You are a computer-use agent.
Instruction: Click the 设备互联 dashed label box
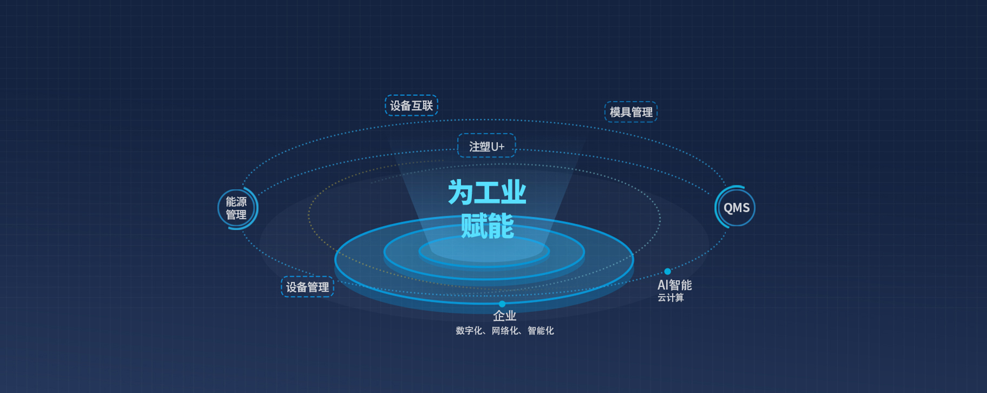tap(411, 105)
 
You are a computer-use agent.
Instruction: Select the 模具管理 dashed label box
tap(631, 112)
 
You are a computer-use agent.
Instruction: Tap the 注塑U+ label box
tap(486, 146)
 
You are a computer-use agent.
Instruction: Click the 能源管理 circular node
tap(236, 208)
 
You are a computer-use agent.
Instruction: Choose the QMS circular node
tap(736, 207)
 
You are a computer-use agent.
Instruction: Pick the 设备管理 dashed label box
tap(307, 287)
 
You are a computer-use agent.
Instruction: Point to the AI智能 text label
tap(674, 284)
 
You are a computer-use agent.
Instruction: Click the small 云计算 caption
tap(670, 298)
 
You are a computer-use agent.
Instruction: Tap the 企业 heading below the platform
tap(504, 315)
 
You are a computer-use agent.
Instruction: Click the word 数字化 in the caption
tap(469, 330)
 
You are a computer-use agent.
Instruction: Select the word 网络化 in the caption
tap(505, 330)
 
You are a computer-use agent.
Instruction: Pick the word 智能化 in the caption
tap(541, 330)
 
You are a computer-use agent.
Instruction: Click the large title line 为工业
tap(487, 192)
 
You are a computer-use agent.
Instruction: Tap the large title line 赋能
tap(487, 226)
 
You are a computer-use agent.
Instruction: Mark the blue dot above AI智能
tap(667, 271)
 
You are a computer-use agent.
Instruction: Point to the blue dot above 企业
tap(502, 304)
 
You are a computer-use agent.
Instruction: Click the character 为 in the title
tap(461, 192)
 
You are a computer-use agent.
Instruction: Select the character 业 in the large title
tap(514, 192)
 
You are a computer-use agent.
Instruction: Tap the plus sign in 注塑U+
tap(501, 147)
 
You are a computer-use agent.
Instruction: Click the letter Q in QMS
tap(728, 208)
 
